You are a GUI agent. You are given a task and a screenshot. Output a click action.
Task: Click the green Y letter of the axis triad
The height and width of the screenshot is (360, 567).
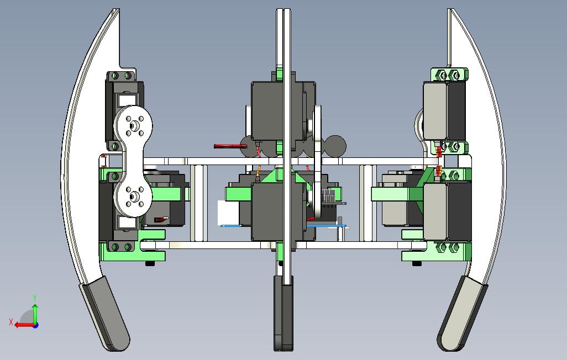pos(35,298)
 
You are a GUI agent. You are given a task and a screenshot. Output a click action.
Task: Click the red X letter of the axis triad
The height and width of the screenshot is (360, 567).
pos(11,322)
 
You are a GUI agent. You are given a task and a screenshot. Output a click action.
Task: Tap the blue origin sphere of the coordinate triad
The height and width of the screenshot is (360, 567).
pos(35,325)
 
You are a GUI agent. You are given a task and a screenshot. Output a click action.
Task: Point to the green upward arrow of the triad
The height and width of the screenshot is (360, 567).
pos(35,314)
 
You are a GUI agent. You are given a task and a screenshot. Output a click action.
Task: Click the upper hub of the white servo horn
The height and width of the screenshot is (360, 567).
pos(133,126)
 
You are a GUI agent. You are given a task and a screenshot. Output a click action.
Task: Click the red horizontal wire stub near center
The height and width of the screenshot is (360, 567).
pos(230,146)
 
